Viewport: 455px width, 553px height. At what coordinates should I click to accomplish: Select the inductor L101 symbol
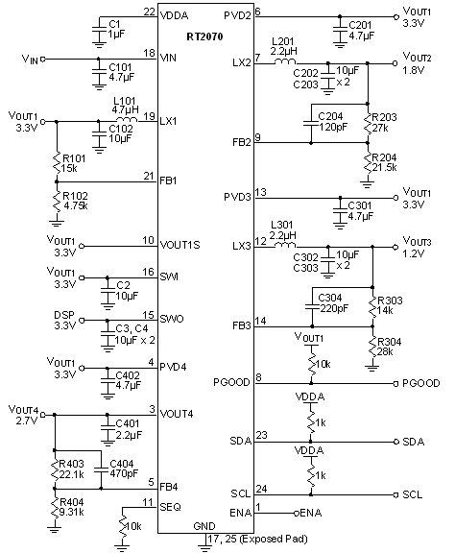point(108,121)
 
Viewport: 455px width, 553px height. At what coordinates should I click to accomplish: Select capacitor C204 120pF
point(311,123)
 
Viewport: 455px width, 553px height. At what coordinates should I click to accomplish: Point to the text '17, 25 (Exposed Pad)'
point(256,540)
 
